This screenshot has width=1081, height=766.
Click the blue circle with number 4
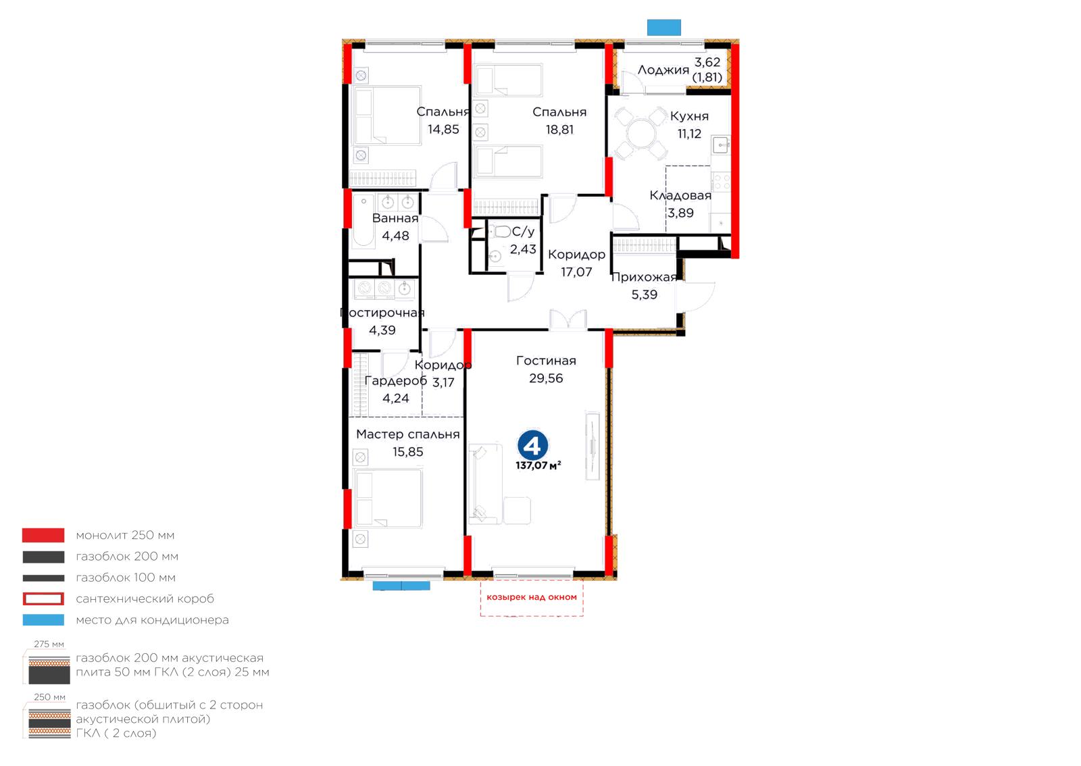coord(532,446)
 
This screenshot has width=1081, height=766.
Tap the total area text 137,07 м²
coord(538,465)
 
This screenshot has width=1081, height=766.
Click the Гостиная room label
coord(546,361)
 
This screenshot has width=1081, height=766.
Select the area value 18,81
coord(559,129)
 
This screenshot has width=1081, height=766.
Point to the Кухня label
coord(689,116)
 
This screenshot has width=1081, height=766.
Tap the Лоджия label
coord(663,70)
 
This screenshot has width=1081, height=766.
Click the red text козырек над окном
coord(531,597)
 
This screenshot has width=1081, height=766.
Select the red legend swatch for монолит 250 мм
coord(43,535)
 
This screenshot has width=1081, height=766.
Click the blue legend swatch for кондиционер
coord(43,620)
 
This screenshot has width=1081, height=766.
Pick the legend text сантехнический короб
coord(145,599)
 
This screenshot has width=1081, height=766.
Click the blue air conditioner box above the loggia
coord(663,28)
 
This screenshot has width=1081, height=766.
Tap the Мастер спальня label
coord(408,434)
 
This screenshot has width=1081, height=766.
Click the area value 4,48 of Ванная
coord(395,236)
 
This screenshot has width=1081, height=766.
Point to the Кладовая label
coord(680,195)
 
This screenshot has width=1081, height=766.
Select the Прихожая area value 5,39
coord(645,295)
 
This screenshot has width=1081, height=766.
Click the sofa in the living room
coord(486,484)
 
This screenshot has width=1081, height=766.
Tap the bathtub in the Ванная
coord(363,222)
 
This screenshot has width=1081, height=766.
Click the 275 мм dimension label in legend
coord(49,644)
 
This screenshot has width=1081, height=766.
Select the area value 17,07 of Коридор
coord(576,272)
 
